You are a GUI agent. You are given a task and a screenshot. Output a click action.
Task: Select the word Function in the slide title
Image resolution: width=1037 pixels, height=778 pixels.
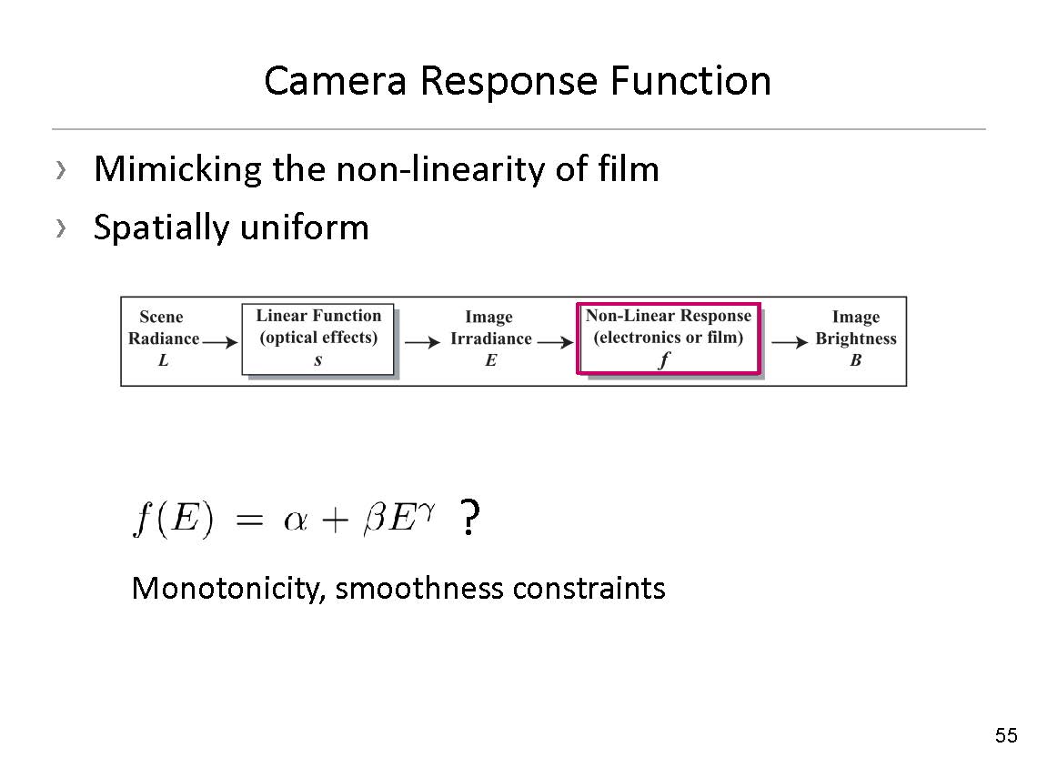coord(690,81)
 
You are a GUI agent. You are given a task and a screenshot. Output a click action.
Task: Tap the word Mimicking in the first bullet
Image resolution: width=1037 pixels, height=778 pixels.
coord(178,169)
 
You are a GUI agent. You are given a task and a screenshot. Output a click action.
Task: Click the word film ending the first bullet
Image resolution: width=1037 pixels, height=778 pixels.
coord(629,169)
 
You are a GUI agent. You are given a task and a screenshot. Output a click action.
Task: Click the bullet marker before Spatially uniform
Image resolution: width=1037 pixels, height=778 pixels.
coord(61,227)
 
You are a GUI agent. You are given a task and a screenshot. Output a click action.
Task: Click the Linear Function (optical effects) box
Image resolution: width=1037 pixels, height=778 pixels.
coord(317,338)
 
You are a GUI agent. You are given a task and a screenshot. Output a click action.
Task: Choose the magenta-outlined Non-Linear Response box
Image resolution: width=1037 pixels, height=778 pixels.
coord(669,338)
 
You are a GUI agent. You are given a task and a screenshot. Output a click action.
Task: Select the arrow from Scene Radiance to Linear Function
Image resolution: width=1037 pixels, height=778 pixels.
coord(220,342)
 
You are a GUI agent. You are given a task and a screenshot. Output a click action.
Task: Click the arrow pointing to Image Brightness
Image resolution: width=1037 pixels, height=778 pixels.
coord(790,342)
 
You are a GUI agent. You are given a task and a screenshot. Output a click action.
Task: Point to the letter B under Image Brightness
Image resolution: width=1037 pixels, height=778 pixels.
coord(855,361)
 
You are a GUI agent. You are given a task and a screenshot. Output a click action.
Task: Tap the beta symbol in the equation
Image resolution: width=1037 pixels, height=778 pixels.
coord(375,521)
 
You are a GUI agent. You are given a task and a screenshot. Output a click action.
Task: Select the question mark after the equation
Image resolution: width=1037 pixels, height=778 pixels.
coord(468,519)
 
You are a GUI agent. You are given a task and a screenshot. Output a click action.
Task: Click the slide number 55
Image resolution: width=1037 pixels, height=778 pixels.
coord(1006,735)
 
